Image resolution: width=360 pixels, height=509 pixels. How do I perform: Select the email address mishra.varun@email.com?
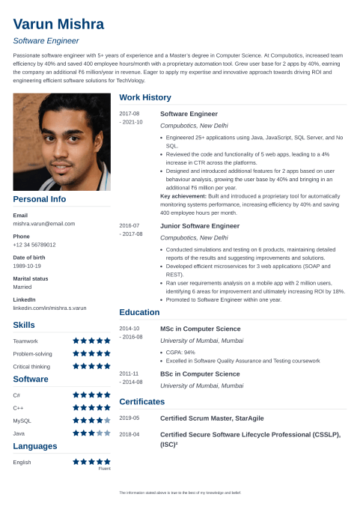(x=43, y=224)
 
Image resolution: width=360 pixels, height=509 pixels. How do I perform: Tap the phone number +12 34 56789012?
(x=34, y=245)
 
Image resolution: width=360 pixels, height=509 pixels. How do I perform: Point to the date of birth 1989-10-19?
(x=27, y=266)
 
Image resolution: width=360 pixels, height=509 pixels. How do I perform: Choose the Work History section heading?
(x=145, y=97)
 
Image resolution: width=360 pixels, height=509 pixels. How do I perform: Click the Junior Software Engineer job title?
(x=200, y=225)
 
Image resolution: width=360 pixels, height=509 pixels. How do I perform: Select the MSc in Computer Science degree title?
(x=200, y=329)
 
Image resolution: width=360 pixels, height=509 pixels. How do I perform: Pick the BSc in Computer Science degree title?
(x=200, y=374)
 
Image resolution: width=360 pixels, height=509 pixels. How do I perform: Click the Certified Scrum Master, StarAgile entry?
(x=212, y=418)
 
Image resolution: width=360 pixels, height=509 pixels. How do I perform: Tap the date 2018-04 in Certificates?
(x=129, y=434)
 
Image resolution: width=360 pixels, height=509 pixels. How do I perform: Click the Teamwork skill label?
(x=25, y=341)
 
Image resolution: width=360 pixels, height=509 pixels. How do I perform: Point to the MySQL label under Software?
(x=22, y=421)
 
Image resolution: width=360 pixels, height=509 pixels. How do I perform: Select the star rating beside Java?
(x=91, y=433)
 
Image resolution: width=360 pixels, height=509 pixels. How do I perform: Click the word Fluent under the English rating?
(x=104, y=469)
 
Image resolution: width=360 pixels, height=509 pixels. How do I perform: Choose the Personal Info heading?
(x=40, y=199)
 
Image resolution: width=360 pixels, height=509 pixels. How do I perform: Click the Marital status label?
(x=31, y=278)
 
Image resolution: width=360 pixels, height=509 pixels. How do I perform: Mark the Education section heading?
(x=140, y=312)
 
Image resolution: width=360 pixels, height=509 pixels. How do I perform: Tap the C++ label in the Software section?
(x=19, y=408)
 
